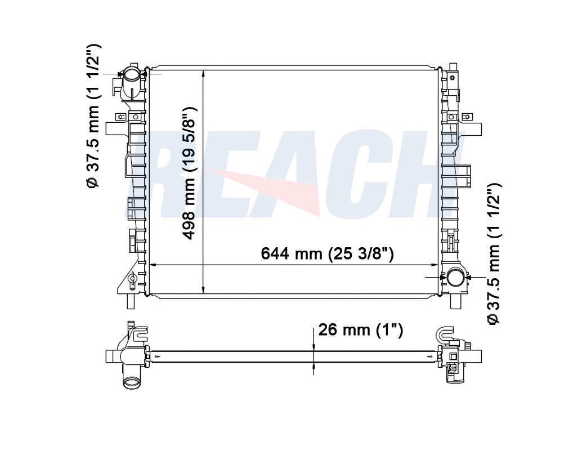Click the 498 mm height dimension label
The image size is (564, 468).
[x=189, y=173]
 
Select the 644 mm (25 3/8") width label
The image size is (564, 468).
[x=327, y=253]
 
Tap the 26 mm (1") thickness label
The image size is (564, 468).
[x=360, y=329]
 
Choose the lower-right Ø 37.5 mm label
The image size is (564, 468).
[x=494, y=253]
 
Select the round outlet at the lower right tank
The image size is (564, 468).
[x=456, y=278]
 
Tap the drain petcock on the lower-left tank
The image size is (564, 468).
[x=133, y=280]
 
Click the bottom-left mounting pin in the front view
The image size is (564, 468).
[x=131, y=302]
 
